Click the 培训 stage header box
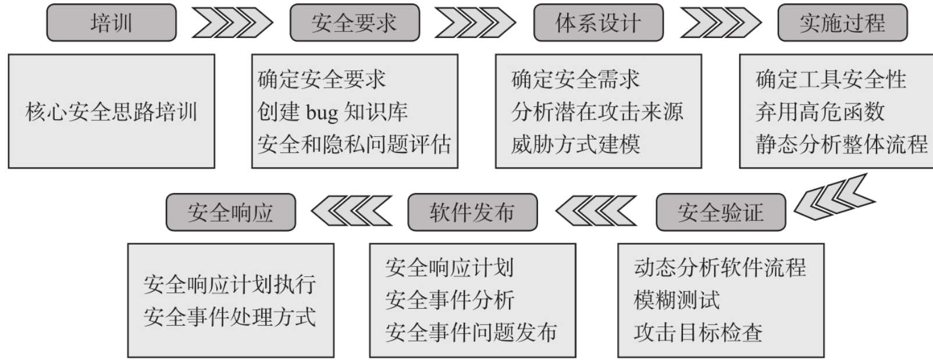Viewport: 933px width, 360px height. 111,23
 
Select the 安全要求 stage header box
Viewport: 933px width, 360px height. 354,23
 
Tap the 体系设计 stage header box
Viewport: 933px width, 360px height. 598,23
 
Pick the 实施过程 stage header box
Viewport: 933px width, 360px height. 842,23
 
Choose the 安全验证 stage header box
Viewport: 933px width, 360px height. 720,213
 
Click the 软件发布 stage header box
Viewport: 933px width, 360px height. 472,213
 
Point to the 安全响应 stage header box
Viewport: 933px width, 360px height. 230,213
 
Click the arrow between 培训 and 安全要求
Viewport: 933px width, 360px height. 232,23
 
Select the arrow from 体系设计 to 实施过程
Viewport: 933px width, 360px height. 720,23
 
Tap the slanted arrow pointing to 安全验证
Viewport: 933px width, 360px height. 833,198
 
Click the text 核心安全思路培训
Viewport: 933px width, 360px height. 111,112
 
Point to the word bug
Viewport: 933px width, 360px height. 322,112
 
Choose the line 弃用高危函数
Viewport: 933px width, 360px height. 820,112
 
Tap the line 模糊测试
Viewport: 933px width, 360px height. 676,300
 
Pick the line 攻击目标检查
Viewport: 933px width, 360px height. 697,333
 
